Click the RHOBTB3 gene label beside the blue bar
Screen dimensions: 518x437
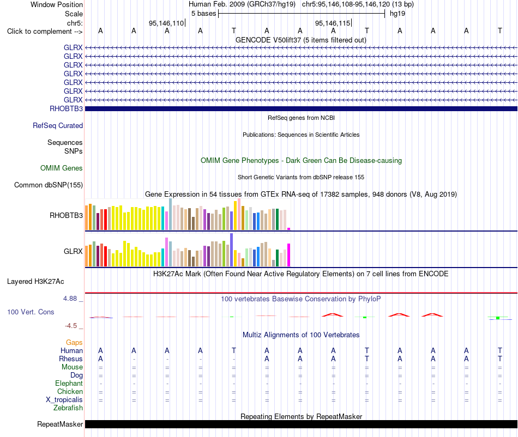[x=66, y=108]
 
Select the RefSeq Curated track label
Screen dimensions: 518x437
[x=58, y=125]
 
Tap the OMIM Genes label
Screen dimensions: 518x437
[x=62, y=168]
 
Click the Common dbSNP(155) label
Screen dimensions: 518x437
[x=49, y=185]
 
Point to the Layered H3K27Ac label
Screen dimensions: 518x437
[x=35, y=282]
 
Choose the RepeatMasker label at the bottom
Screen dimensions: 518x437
[x=60, y=424]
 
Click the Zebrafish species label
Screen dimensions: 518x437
[x=68, y=408]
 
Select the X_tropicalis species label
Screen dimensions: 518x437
[x=64, y=400]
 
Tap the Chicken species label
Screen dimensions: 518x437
[x=70, y=391]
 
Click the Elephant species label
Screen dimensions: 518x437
[x=69, y=383]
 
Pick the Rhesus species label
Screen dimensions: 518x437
[x=71, y=359]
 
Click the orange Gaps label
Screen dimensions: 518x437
[x=74, y=342]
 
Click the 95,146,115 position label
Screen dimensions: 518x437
[x=333, y=23]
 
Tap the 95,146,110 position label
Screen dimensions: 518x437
[x=166, y=23]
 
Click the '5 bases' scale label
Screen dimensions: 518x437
[x=203, y=14]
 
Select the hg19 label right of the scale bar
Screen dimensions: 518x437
[x=397, y=14]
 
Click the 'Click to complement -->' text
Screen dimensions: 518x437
[x=45, y=32]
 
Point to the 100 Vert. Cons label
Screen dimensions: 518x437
[x=31, y=312]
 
